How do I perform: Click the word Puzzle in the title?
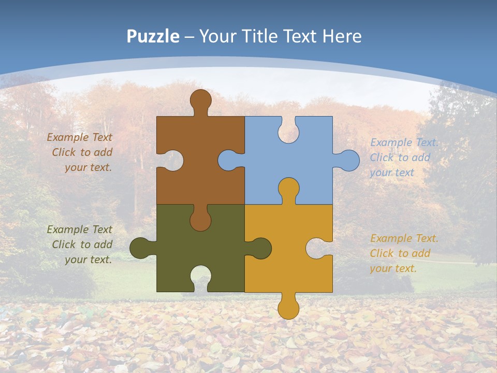tap(153, 36)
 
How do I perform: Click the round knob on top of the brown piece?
tap(200, 99)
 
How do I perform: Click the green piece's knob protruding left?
tap(140, 248)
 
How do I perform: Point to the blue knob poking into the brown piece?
tap(228, 161)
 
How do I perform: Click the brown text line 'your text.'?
tap(88, 167)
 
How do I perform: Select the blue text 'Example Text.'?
tap(404, 142)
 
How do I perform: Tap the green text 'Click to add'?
tap(82, 245)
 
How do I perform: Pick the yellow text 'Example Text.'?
tap(404, 238)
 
